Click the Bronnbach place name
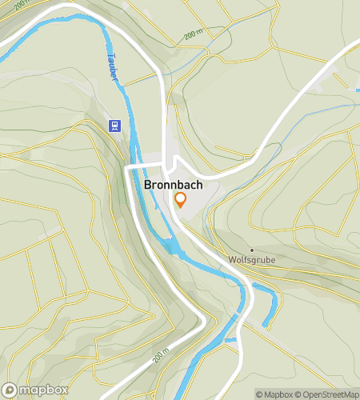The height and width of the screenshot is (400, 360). coord(173,184)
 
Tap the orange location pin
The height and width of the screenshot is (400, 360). coord(181,200)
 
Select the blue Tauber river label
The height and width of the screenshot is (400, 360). coord(112,68)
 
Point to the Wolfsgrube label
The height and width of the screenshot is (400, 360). coord(251,261)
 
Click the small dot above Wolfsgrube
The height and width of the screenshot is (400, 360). coord(251,250)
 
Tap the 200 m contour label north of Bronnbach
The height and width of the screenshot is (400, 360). coord(194,36)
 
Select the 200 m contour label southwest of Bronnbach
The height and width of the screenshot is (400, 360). coord(163,353)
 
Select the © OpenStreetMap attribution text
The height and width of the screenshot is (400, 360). coord(327,394)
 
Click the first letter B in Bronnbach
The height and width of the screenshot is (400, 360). coord(149,184)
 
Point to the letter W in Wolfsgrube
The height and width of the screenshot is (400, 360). coord(232,261)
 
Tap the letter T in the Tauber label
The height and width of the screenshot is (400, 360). coord(107,57)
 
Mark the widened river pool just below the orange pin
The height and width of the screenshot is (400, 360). coord(174,248)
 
